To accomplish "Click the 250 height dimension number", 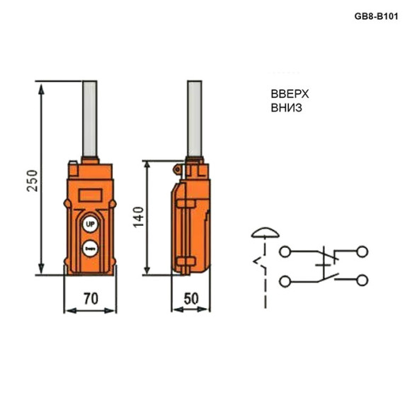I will pyautogui.click(x=30, y=182).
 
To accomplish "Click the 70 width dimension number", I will pyautogui.click(x=91, y=299).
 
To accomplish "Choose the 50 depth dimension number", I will pyautogui.click(x=190, y=299).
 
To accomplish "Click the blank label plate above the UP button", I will pyautogui.click(x=89, y=193).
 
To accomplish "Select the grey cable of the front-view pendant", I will pyautogui.click(x=89, y=120).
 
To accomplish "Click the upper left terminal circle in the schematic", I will pyautogui.click(x=285, y=251).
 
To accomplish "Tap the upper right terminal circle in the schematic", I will pyautogui.click(x=364, y=251).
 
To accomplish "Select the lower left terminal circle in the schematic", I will pyautogui.click(x=285, y=281).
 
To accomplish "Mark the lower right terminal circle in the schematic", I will pyautogui.click(x=364, y=281).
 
